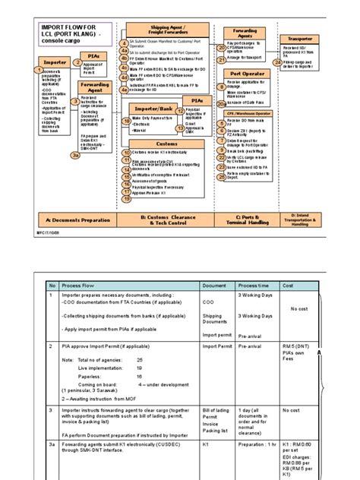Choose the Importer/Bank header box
tap(151, 109)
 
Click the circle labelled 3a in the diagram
tap(75, 155)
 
